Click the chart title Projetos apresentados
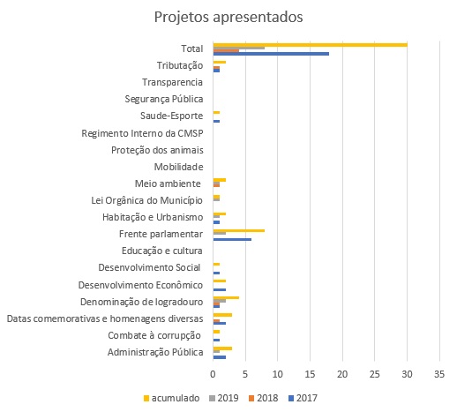coord(228,17)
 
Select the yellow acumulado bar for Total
coord(311,45)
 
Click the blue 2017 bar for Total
coord(271,54)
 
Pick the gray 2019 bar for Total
coord(239,48)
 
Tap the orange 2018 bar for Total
coord(226,51)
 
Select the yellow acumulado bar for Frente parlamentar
coord(239,231)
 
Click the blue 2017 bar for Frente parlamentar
coord(232,239)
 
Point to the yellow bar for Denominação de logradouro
coord(226,298)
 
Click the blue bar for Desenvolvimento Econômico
coord(220,289)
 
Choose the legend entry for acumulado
coord(171,398)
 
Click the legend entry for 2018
coord(263,398)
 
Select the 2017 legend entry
coord(303,398)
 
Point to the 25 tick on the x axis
coord(374,374)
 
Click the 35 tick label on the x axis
coord(439,374)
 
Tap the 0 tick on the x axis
coord(213,374)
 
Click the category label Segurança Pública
coord(164,99)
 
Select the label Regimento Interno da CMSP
coord(142,133)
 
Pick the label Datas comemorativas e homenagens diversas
coord(105,318)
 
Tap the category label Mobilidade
coord(179,167)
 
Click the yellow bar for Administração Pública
coord(222,348)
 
